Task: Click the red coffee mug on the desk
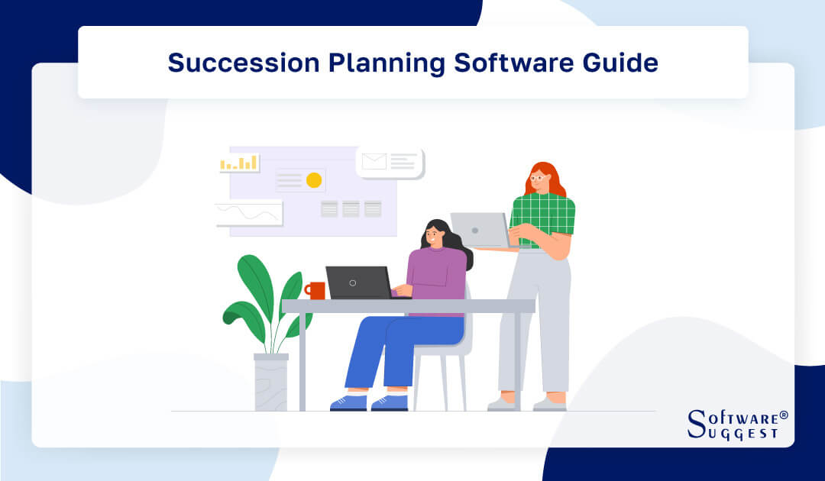point(316,290)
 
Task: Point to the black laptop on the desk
point(357,282)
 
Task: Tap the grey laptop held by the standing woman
point(479,230)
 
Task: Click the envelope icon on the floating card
point(374,161)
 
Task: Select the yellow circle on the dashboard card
point(313,180)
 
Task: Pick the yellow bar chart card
point(239,163)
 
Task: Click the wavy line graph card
point(249,213)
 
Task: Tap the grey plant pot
point(270,383)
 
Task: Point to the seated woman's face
point(433,236)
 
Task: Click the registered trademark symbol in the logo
point(783,416)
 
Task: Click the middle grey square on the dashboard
point(351,208)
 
